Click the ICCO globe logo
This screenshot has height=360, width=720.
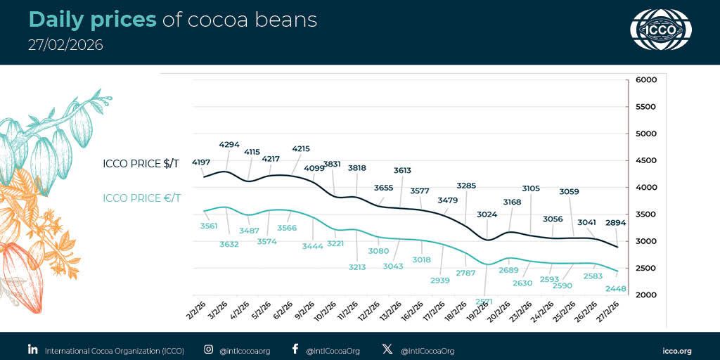tap(660, 30)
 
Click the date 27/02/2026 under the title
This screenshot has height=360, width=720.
tap(65, 45)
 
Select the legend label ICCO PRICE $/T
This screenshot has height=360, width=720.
tap(141, 164)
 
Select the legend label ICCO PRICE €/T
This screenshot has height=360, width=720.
tap(141, 198)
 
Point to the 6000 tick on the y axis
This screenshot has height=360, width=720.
tap(645, 80)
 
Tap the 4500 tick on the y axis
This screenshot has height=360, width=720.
tap(645, 160)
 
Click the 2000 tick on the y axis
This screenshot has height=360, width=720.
tap(645, 295)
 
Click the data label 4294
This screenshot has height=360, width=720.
tap(229, 144)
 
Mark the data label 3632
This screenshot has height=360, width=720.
tap(229, 244)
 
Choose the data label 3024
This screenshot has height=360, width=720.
tap(487, 214)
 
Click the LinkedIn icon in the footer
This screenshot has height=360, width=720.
tap(32, 349)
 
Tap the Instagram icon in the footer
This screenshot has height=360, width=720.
tap(208, 349)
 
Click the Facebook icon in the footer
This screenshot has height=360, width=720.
tap(295, 349)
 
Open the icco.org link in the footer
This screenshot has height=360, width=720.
tap(677, 350)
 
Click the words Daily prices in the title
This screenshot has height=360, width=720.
tap(92, 20)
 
